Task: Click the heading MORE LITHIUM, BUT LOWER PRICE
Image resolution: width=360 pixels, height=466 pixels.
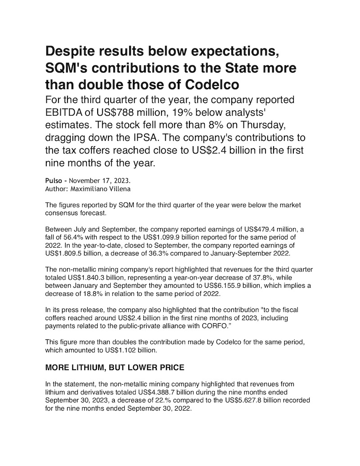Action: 115,368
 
